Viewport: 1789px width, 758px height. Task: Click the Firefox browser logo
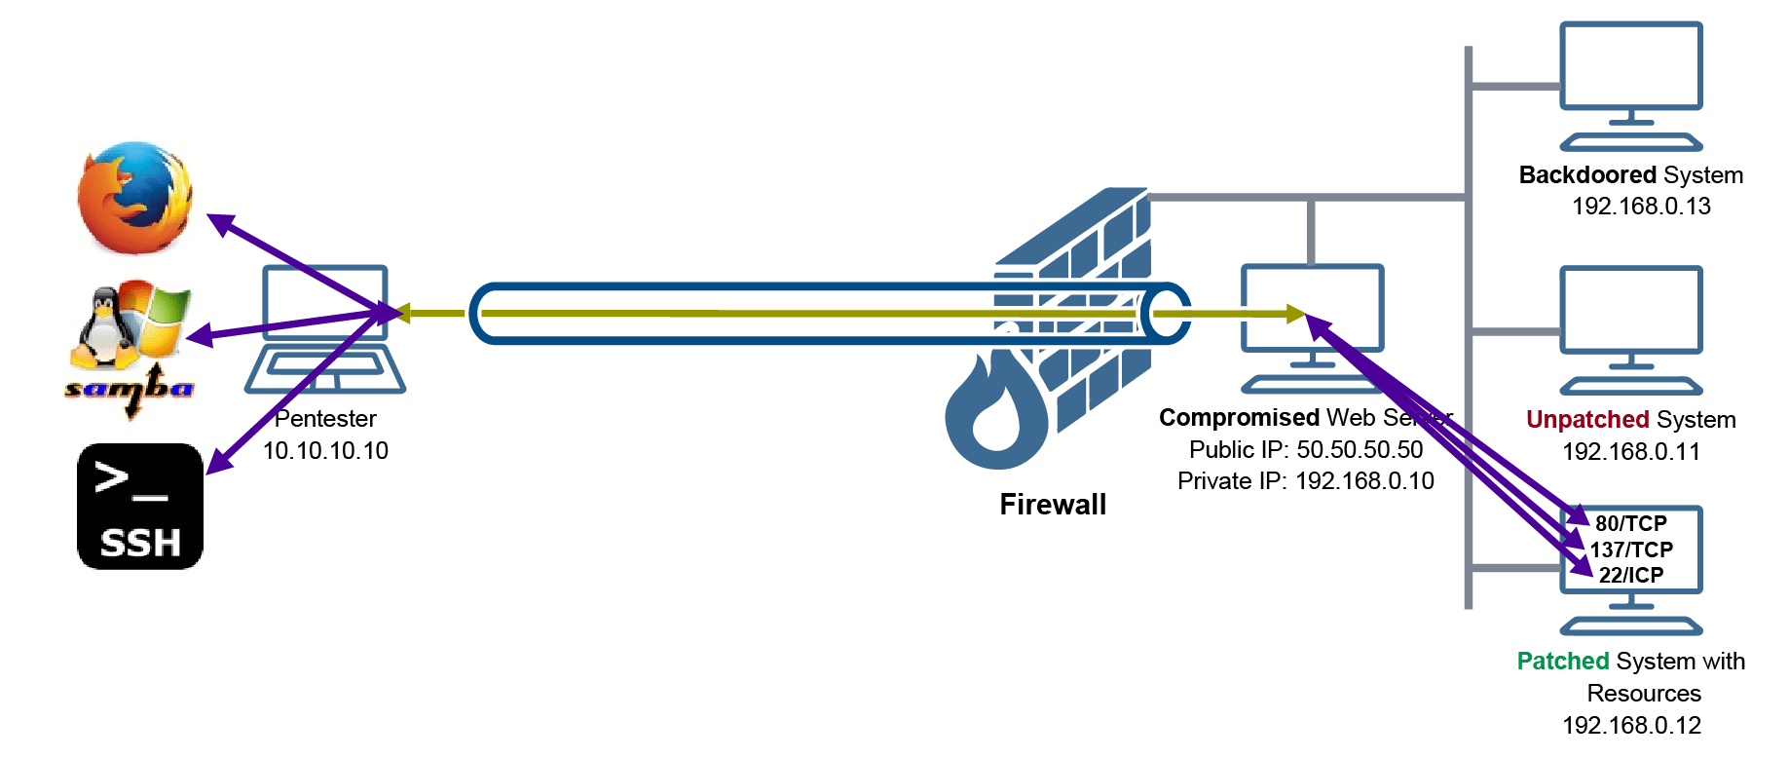point(134,198)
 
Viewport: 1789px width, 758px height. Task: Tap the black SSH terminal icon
point(140,507)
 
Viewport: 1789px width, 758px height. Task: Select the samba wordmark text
point(129,390)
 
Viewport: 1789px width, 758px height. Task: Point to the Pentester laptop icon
point(325,329)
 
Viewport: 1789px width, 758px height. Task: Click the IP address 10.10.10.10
point(325,451)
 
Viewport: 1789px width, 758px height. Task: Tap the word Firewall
point(1053,505)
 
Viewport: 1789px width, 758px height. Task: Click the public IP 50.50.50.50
point(1360,450)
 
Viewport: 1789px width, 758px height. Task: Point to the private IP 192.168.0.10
point(1364,481)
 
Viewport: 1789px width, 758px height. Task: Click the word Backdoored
point(1587,175)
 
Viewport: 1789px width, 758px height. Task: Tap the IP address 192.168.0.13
point(1641,207)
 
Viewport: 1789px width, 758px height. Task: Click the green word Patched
point(1563,662)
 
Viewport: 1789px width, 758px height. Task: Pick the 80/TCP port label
point(1631,524)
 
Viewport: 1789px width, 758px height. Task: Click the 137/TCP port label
point(1631,550)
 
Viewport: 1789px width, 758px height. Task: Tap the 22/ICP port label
point(1631,575)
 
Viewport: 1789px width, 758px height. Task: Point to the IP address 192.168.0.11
point(1631,452)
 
